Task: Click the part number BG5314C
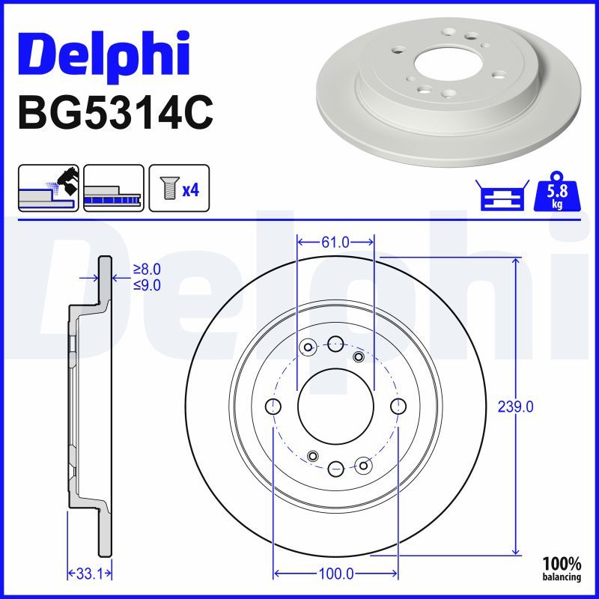coord(115,113)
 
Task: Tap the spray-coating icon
coord(49,188)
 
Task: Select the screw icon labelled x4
coord(179,188)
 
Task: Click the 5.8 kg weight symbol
coord(557,192)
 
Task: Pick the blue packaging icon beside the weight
coord(502,195)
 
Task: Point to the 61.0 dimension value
coord(335,242)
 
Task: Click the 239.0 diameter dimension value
coord(515,407)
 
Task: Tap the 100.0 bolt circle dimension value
coord(335,574)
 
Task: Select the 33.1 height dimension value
coord(90,574)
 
